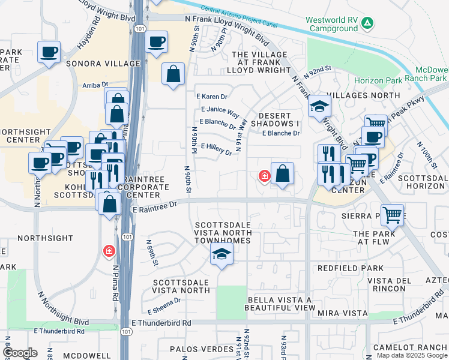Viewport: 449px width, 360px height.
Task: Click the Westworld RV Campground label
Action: click(331, 24)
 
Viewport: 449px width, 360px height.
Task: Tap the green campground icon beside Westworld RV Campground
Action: click(367, 23)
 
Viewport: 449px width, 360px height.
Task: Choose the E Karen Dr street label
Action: click(212, 97)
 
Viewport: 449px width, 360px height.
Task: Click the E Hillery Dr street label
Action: click(216, 148)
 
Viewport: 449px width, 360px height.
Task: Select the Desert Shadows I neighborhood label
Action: click(279, 119)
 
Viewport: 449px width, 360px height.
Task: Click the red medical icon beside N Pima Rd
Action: click(109, 250)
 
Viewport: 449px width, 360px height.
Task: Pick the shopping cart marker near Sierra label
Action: click(392, 214)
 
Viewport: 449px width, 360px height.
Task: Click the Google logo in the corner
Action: click(20, 353)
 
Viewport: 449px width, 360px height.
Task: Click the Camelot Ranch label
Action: click(409, 347)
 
